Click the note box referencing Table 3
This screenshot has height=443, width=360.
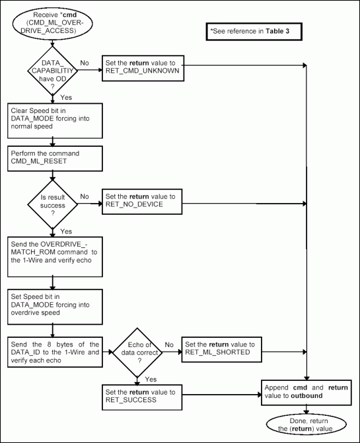coord(254,32)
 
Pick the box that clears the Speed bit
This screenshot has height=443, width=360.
coord(55,118)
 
